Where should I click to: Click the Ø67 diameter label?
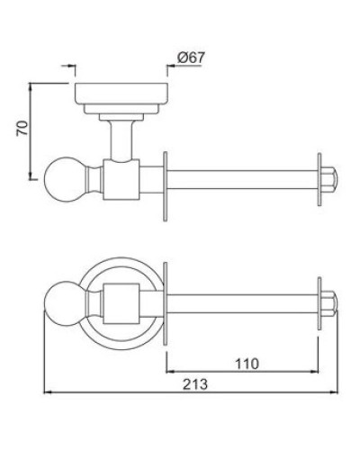pyautogui.click(x=193, y=58)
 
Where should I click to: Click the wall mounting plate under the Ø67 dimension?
pyautogui.click(x=118, y=94)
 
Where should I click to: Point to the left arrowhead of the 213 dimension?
pyautogui.click(x=49, y=393)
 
